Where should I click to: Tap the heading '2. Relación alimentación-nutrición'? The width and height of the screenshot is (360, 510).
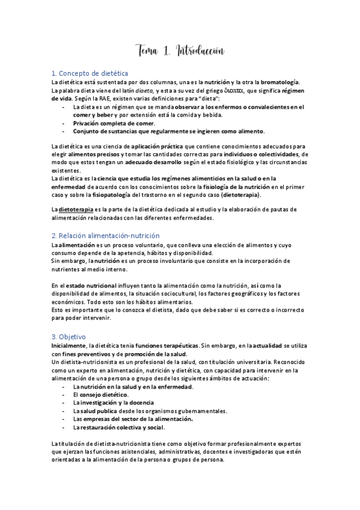point(105,235)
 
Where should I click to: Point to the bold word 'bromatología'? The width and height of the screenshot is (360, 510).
point(279,82)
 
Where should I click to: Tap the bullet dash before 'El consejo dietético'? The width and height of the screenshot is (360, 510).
point(64,395)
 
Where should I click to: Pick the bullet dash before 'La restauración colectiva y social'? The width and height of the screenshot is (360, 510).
point(64,427)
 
